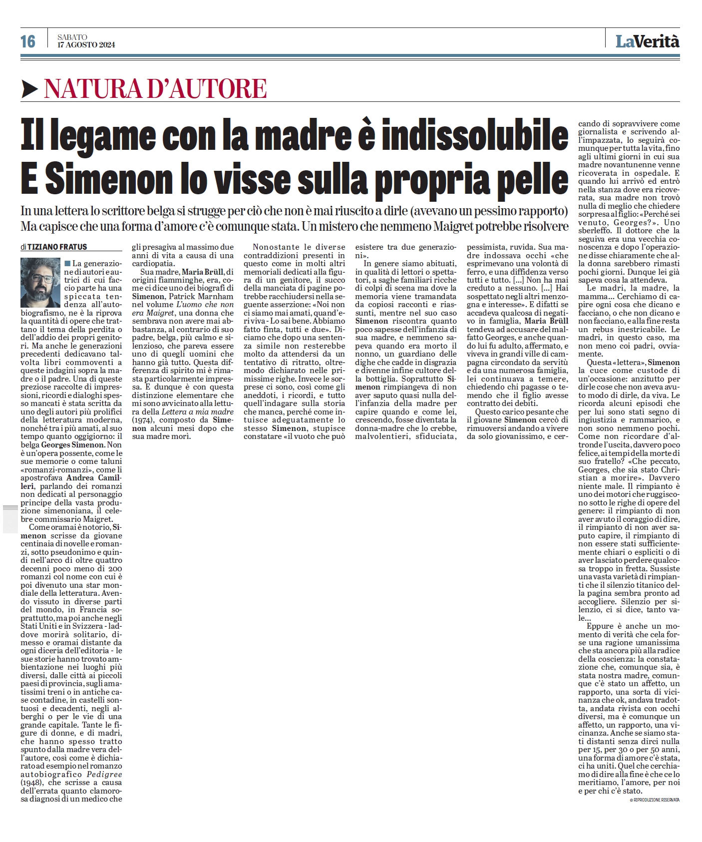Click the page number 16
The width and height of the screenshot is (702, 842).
point(28,41)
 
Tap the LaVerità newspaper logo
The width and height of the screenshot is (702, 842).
point(647,41)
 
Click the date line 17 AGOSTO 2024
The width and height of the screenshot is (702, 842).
point(86,45)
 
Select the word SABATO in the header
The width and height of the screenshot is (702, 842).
point(72,37)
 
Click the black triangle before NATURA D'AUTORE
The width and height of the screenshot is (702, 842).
point(30,89)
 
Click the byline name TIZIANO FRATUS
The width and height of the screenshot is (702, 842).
point(57,247)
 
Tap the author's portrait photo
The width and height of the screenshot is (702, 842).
point(40,282)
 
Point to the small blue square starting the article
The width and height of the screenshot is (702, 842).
point(67,263)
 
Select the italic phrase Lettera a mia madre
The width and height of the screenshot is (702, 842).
point(197,412)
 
